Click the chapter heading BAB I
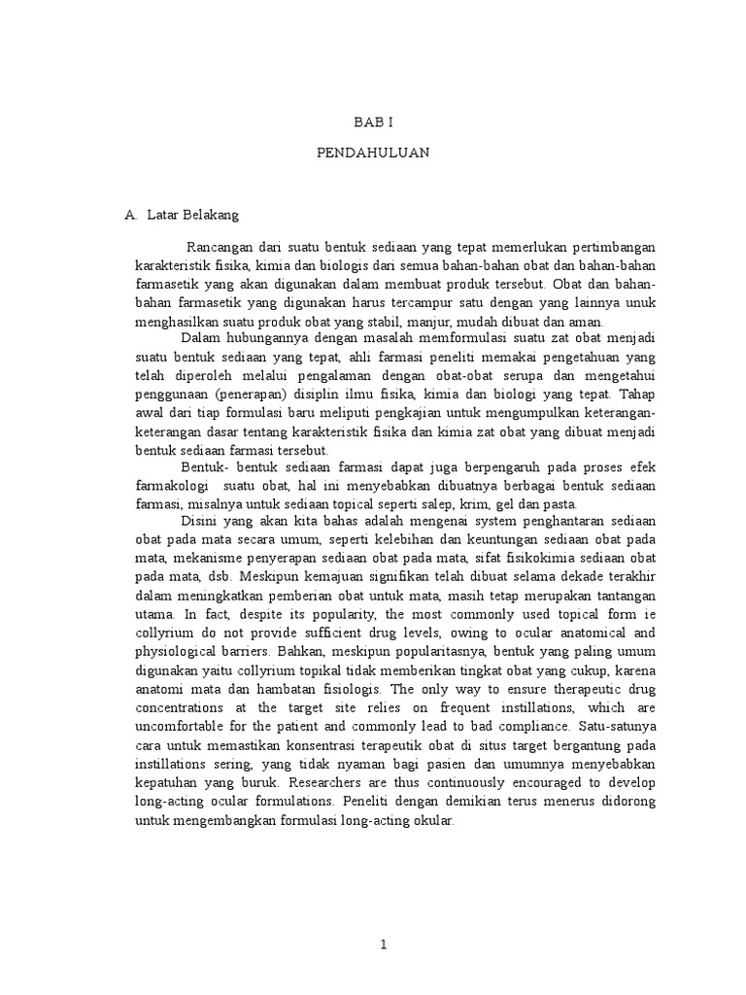(373, 123)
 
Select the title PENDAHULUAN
(373, 154)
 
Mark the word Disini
(200, 523)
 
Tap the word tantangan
(624, 596)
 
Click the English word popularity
(330, 614)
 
